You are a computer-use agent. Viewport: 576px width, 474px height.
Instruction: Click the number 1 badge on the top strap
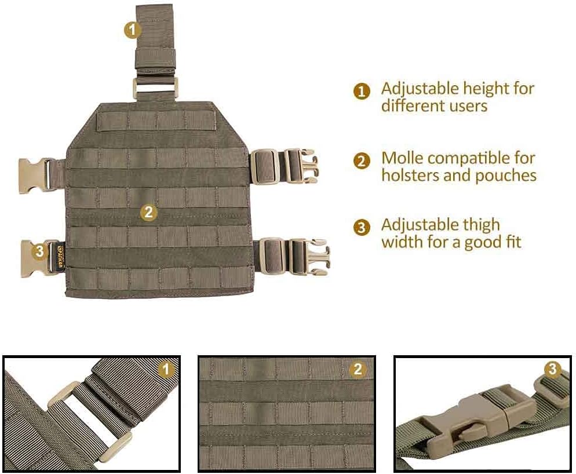click(133, 29)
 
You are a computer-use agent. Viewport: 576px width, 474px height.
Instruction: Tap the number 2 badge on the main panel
click(149, 212)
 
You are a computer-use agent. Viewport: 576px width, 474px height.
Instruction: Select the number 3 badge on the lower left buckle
click(39, 251)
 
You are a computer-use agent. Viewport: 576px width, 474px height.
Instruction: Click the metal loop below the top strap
click(155, 88)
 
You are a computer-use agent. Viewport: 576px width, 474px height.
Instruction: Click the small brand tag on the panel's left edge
click(63, 254)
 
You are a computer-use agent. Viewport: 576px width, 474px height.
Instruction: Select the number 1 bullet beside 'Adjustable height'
click(362, 92)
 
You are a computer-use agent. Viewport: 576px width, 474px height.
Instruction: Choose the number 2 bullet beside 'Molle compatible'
click(362, 161)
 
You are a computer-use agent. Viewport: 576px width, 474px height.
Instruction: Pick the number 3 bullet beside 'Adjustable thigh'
click(362, 227)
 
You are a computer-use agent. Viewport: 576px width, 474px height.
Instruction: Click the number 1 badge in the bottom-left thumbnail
click(166, 369)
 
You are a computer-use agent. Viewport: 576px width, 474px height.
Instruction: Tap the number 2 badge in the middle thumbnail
click(358, 369)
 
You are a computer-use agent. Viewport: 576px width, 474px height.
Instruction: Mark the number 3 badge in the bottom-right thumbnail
click(553, 369)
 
